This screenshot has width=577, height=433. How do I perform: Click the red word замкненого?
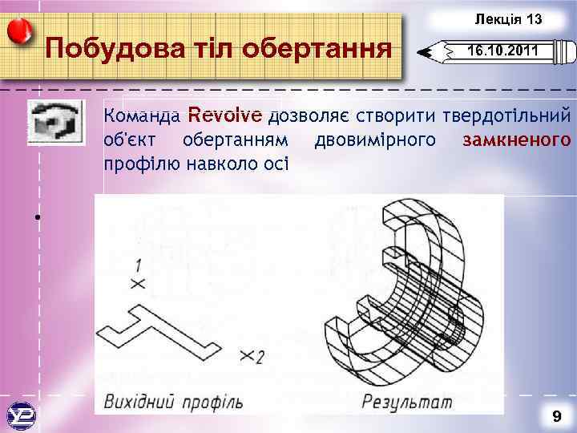point(517,140)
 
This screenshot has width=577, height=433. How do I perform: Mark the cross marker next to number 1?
point(137,283)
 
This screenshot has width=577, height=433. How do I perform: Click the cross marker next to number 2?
point(244,353)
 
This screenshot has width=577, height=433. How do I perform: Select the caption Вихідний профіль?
point(173,399)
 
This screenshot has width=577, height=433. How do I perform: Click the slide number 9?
point(555,416)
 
